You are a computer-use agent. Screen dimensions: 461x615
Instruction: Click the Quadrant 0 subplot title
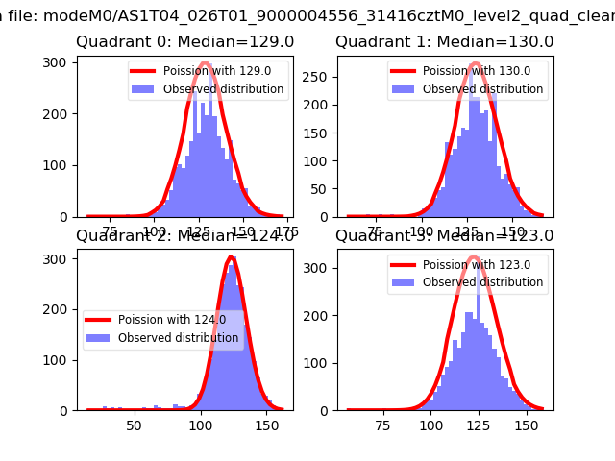[x=185, y=42]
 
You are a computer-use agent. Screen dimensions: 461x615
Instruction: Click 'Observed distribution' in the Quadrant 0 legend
[x=224, y=89]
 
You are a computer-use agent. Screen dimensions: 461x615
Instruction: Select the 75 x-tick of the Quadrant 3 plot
[x=382, y=422]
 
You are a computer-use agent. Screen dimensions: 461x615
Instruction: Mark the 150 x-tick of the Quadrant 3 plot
[x=526, y=422]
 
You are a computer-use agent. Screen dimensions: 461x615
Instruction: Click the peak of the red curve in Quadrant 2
[x=231, y=257]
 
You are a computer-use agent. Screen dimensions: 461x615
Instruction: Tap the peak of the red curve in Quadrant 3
[x=473, y=256]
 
